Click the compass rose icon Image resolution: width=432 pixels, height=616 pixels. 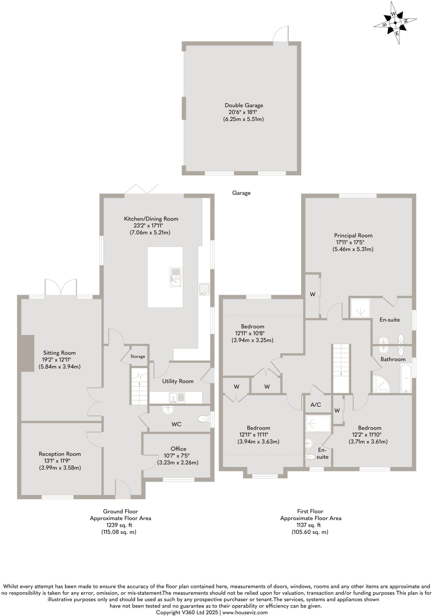point(395,23)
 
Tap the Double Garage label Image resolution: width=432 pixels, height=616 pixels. point(244,105)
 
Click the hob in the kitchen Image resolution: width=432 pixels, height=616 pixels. point(204,289)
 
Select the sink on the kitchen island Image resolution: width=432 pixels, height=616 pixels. point(175,277)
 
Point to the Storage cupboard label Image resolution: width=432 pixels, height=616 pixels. point(138,356)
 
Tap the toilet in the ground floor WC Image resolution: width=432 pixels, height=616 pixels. point(204,418)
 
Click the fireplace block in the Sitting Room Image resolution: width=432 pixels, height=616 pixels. point(27,353)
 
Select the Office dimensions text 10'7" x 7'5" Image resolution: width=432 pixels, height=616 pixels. point(178,455)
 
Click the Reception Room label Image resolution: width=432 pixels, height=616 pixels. point(60,454)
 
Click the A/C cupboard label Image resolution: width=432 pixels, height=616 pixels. point(315,405)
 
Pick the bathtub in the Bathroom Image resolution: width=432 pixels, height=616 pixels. point(406,378)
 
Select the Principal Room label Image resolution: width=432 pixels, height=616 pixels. point(353,236)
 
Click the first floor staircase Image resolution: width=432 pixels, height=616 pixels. point(341,368)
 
